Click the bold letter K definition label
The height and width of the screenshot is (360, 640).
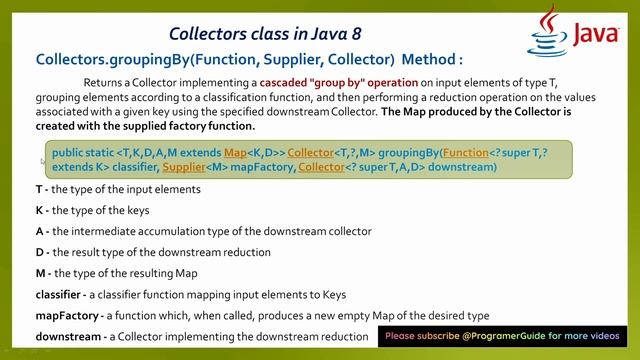click(x=40, y=210)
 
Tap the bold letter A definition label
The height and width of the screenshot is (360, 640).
click(x=40, y=231)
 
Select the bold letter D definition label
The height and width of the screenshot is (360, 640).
click(x=40, y=252)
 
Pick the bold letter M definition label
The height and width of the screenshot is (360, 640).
click(x=40, y=273)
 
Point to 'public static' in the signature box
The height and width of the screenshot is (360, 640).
click(x=82, y=152)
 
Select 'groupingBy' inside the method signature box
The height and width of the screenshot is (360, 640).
click(x=402, y=152)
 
